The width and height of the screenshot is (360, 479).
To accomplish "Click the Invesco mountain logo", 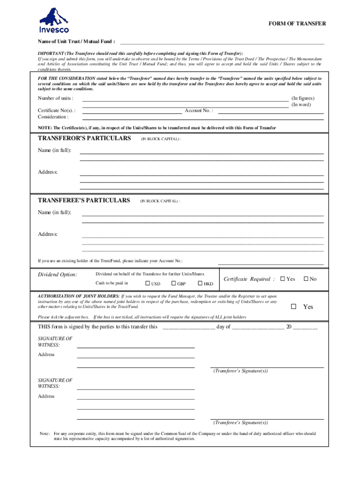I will (54, 21).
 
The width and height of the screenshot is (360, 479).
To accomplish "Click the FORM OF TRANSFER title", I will (297, 23).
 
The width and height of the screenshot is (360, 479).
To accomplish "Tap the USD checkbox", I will (148, 283).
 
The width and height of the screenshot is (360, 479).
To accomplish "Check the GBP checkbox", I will (173, 283).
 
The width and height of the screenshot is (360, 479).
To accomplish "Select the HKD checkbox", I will (200, 283).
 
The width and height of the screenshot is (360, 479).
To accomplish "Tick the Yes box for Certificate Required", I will (282, 279).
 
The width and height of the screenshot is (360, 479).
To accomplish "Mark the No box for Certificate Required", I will (306, 279).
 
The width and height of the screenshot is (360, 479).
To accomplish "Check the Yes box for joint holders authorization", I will (294, 307).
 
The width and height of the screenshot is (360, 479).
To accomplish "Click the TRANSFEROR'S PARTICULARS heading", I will (84, 138).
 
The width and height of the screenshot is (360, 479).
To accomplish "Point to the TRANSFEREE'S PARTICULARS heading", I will (84, 200).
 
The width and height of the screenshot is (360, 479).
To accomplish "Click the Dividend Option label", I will (58, 275).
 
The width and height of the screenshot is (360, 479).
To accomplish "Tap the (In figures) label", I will (303, 98).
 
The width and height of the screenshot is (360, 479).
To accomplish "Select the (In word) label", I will (301, 105).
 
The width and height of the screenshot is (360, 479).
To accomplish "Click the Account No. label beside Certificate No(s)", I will (199, 111).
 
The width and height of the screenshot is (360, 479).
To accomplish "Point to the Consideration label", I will (53, 117).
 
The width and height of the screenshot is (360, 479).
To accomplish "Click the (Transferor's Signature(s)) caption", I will (240, 371).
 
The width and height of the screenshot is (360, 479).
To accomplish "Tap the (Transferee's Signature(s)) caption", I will (240, 422).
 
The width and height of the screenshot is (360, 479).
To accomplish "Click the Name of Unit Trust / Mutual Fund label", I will (76, 41).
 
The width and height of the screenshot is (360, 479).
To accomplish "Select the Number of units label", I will (55, 98).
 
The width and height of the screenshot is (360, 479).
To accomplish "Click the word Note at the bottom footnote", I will (45, 434).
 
